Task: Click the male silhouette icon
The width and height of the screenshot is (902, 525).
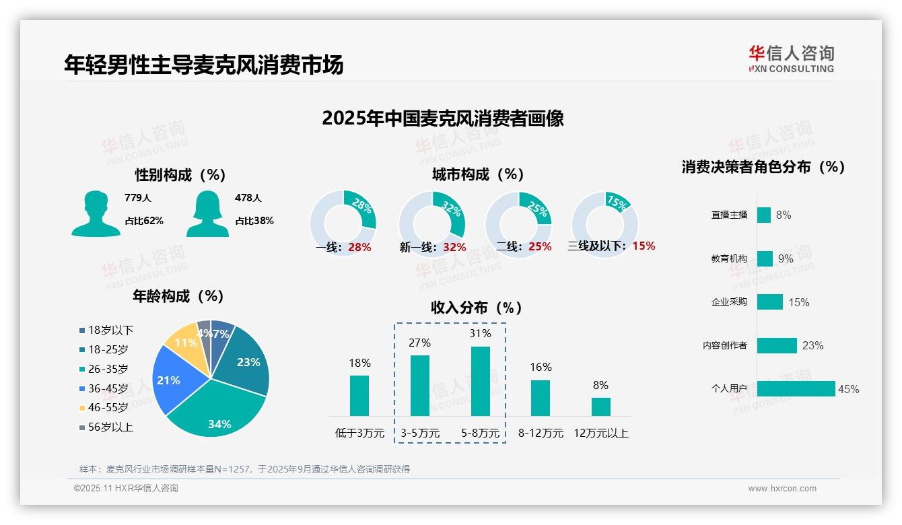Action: [x=96, y=214]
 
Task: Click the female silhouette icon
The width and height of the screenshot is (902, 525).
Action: [x=207, y=214]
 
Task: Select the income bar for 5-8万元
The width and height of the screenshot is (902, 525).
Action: [x=481, y=381]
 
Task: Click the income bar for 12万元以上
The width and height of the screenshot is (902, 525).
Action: [x=601, y=407]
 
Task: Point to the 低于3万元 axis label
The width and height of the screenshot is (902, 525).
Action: [x=359, y=433]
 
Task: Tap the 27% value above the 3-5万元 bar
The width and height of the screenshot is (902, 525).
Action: [x=419, y=343]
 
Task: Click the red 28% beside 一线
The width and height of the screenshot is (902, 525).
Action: [x=359, y=247]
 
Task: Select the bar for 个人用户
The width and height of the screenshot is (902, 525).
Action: [x=796, y=388]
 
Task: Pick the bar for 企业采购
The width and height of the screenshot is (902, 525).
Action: [x=769, y=302]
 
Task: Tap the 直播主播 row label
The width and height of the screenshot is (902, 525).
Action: [x=729, y=215]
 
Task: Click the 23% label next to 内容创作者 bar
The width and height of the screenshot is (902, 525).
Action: [x=812, y=345]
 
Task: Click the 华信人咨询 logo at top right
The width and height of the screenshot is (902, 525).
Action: [x=791, y=59]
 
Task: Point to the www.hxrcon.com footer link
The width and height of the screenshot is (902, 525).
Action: [x=782, y=489]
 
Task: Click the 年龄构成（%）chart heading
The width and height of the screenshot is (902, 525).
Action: [x=178, y=296]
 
